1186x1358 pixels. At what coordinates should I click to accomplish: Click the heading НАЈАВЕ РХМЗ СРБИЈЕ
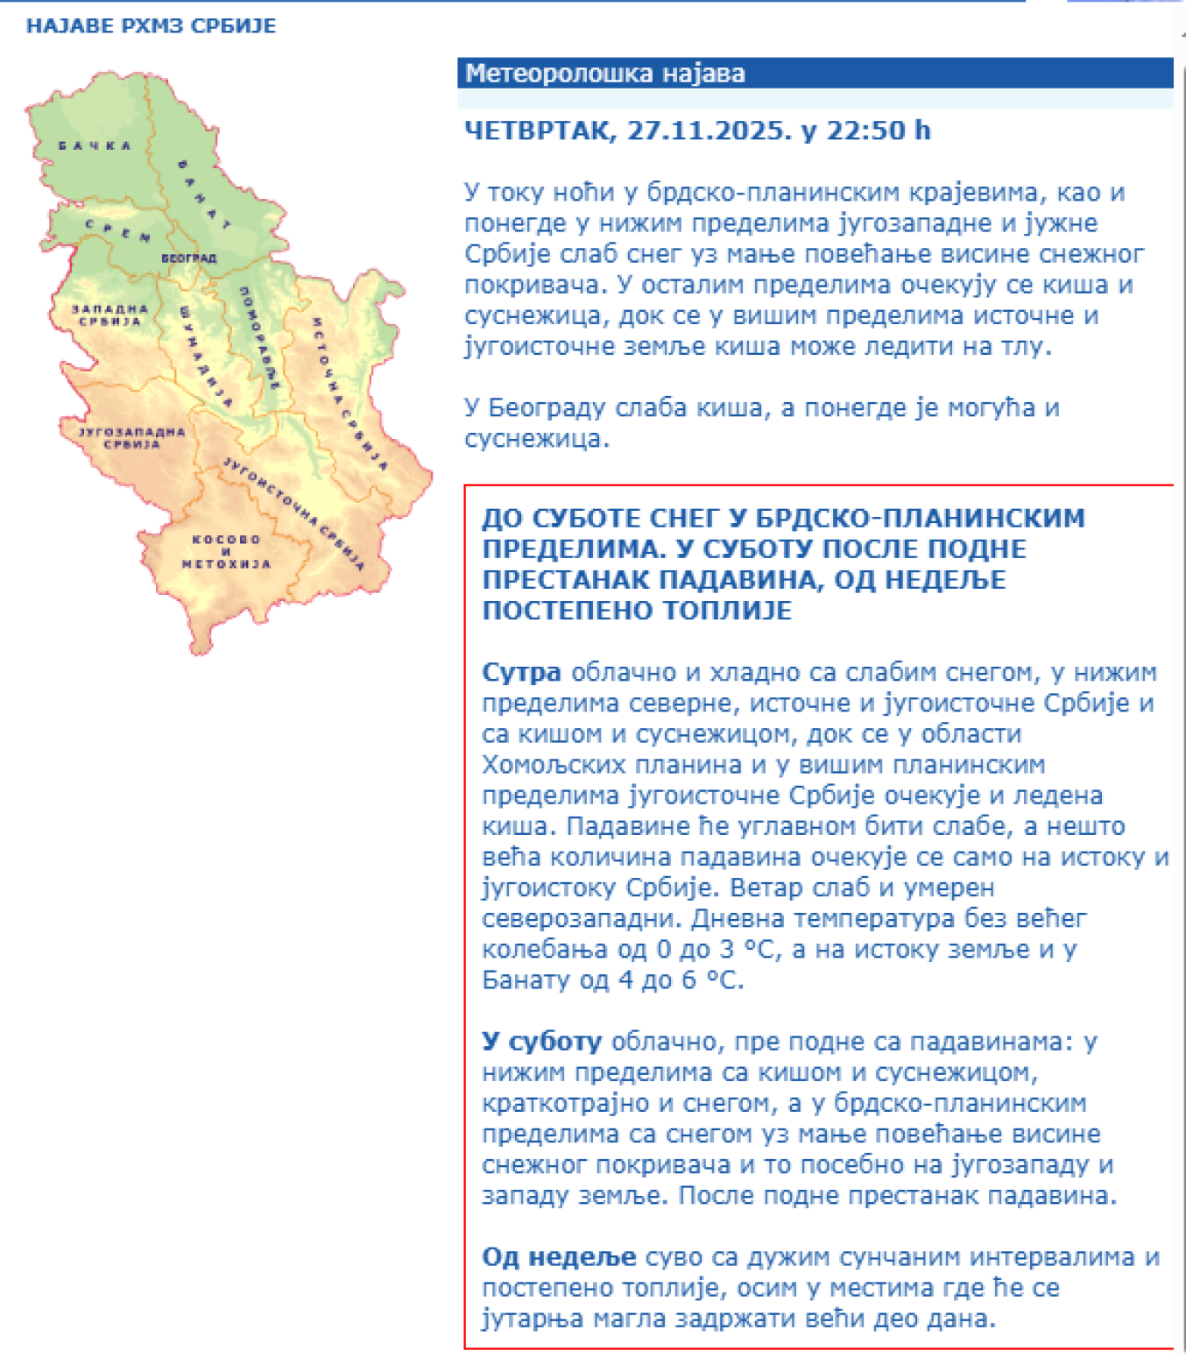coord(151,25)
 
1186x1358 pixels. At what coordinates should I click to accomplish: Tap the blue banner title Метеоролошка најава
coord(604,74)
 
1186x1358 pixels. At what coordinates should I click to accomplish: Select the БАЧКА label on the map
coord(95,145)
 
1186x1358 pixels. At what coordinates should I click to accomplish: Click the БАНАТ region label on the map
coord(204,195)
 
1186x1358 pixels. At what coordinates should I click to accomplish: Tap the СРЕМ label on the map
coord(117,230)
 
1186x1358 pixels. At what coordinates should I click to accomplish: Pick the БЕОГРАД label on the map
coord(188,258)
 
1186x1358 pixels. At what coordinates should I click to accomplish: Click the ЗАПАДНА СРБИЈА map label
coord(109,315)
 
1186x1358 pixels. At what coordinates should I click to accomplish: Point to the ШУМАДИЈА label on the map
coord(206,356)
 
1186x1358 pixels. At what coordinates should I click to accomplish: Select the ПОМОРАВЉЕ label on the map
coord(260,337)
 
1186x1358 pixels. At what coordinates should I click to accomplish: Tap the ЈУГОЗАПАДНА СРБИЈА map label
coord(131,437)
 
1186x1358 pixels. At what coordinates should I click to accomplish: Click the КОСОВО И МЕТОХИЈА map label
coord(226,551)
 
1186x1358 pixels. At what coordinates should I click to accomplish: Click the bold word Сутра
coord(521,673)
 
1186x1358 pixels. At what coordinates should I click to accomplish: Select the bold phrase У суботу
coord(541,1042)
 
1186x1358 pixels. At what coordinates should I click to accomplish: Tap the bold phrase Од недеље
coord(558,1257)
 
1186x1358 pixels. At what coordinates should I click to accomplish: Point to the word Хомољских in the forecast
coord(549,765)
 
